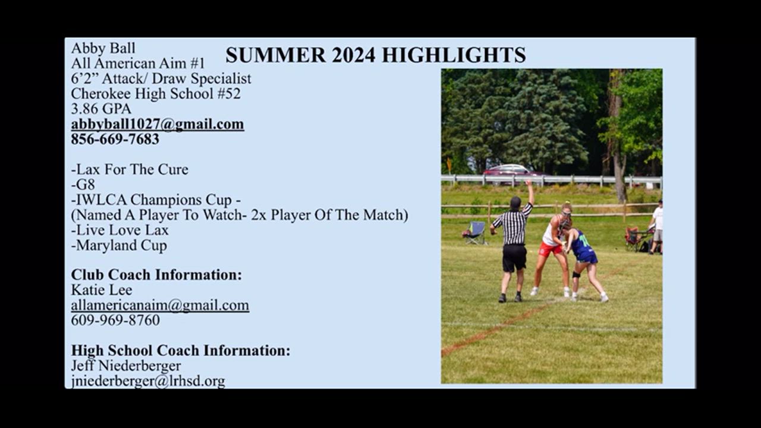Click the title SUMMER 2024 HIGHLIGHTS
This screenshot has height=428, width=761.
pos(376,55)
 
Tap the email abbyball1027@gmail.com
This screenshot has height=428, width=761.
pos(158,124)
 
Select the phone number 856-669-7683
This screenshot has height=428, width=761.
pos(115,139)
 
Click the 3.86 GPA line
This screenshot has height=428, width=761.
pos(101,109)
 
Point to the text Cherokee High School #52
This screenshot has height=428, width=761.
pos(156,94)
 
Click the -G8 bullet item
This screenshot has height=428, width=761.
pos(83,185)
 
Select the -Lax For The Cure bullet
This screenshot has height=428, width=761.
pos(130,169)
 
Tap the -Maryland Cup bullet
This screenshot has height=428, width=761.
pos(119,246)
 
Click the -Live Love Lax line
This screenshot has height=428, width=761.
pos(120,230)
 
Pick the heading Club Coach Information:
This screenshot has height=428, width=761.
pos(156,275)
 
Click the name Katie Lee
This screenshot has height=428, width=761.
pos(102,290)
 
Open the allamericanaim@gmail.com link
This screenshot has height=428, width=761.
pos(160,306)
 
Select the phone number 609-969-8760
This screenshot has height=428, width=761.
pos(115,320)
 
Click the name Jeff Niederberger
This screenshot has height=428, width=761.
pos(126,366)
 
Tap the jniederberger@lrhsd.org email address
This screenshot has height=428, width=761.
pos(148,381)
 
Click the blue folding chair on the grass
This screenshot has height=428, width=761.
pos(475,232)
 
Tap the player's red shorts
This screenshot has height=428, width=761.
pos(551,249)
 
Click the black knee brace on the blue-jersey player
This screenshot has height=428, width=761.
pos(576,275)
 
